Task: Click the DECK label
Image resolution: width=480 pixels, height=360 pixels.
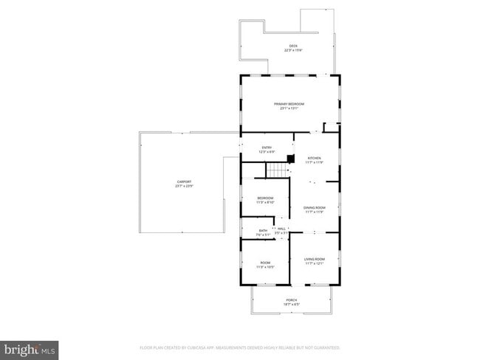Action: click(x=293, y=46)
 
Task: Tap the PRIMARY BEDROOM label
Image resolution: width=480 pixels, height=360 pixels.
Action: click(x=289, y=104)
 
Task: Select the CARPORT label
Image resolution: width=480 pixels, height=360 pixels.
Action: click(x=184, y=181)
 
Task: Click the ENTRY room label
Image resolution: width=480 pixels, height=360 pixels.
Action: click(x=267, y=148)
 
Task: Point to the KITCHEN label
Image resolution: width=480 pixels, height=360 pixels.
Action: click(x=315, y=158)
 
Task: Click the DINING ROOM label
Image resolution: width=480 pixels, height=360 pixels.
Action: click(x=315, y=208)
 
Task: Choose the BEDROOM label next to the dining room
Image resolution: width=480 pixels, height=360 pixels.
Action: click(x=265, y=198)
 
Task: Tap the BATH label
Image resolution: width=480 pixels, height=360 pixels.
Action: click(x=263, y=231)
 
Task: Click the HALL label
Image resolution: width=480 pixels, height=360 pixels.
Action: click(x=281, y=229)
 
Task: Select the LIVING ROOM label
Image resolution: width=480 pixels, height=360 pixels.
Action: click(x=315, y=259)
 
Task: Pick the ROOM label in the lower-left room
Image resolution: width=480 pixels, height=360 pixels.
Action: click(x=265, y=263)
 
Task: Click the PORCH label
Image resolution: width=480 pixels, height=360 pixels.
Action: click(x=292, y=300)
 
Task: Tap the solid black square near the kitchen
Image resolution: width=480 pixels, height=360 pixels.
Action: click(x=291, y=158)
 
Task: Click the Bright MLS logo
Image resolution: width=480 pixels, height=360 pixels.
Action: click(x=30, y=348)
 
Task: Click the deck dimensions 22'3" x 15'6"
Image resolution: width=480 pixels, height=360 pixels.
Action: click(x=294, y=51)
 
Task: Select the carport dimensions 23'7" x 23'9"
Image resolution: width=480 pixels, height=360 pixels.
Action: click(x=184, y=186)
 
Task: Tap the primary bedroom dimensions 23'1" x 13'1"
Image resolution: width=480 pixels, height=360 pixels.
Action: click(x=289, y=108)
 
